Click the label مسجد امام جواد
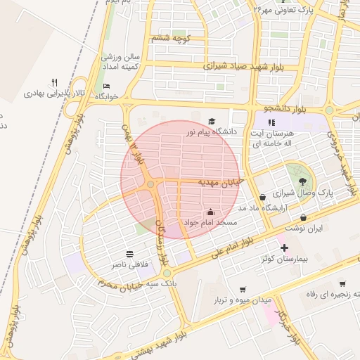click(210, 222)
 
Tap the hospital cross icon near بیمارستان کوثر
click(283, 248)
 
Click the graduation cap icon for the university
click(212, 121)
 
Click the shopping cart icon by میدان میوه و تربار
click(243, 289)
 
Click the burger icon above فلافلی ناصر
click(130, 254)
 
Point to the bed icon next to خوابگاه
click(106, 86)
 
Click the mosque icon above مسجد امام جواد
click(210, 212)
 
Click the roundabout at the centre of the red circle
click(151, 184)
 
